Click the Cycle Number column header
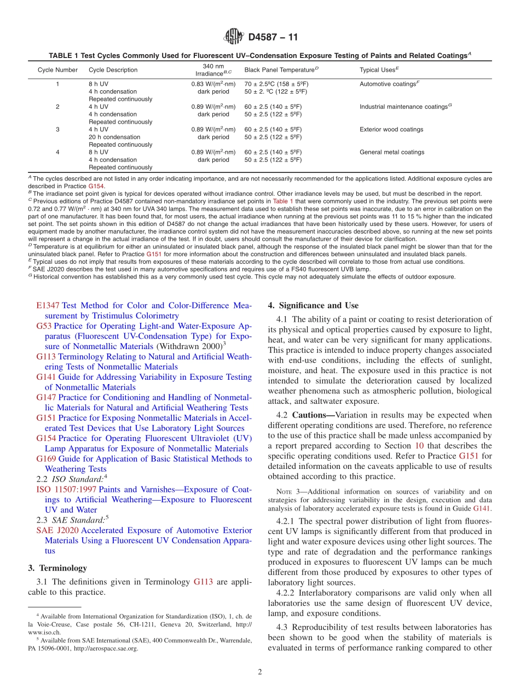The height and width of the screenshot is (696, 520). tap(57, 70)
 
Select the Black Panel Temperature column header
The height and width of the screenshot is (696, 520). tap(281, 70)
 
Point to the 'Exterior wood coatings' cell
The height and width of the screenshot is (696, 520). tap(391, 130)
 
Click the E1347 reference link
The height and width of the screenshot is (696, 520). tap(48, 305)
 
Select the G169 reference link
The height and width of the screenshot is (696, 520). tap(46, 459)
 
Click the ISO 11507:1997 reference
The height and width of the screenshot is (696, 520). tap(66, 490)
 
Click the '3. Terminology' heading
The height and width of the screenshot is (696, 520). tap(57, 569)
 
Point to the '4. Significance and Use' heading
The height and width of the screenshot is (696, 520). tap(313, 305)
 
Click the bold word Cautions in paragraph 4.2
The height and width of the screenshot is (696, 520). tap(309, 415)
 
